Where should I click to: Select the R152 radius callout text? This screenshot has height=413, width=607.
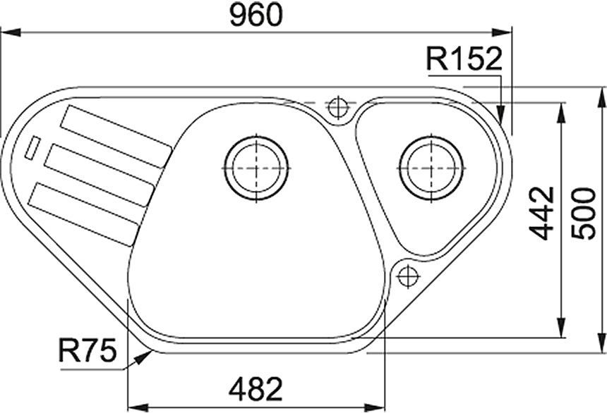(463, 59)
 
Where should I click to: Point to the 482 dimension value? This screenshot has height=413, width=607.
(256, 388)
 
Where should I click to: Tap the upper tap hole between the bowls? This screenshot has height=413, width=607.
(339, 108)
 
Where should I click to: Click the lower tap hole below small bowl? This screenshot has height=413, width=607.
(408, 276)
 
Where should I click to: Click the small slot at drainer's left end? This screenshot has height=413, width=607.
(32, 148)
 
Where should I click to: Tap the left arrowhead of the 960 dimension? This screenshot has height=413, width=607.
(8, 31)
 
